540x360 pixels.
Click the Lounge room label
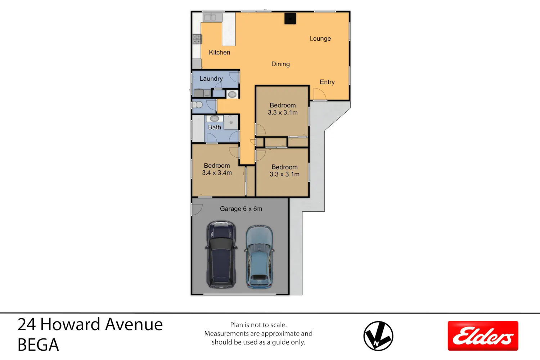click(x=320, y=39)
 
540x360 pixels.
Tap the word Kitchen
click(x=219, y=52)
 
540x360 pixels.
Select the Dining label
click(x=280, y=64)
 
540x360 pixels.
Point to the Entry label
click(x=327, y=82)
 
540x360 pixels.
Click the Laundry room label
click(x=211, y=78)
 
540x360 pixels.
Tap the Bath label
click(x=214, y=127)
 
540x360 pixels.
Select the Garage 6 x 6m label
click(x=241, y=209)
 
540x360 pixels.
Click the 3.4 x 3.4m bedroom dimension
click(x=217, y=173)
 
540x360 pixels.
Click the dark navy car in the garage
click(x=221, y=254)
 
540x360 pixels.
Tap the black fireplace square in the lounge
click(x=290, y=19)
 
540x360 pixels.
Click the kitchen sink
click(x=212, y=17)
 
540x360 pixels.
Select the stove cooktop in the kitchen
click(x=197, y=39)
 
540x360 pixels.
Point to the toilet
click(x=197, y=105)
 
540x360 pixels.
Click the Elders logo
click(x=483, y=336)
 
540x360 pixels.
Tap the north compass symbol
click(x=378, y=336)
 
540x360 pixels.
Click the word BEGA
click(x=38, y=345)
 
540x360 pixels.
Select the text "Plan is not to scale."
click(x=258, y=325)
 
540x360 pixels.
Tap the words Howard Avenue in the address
click(x=102, y=324)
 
